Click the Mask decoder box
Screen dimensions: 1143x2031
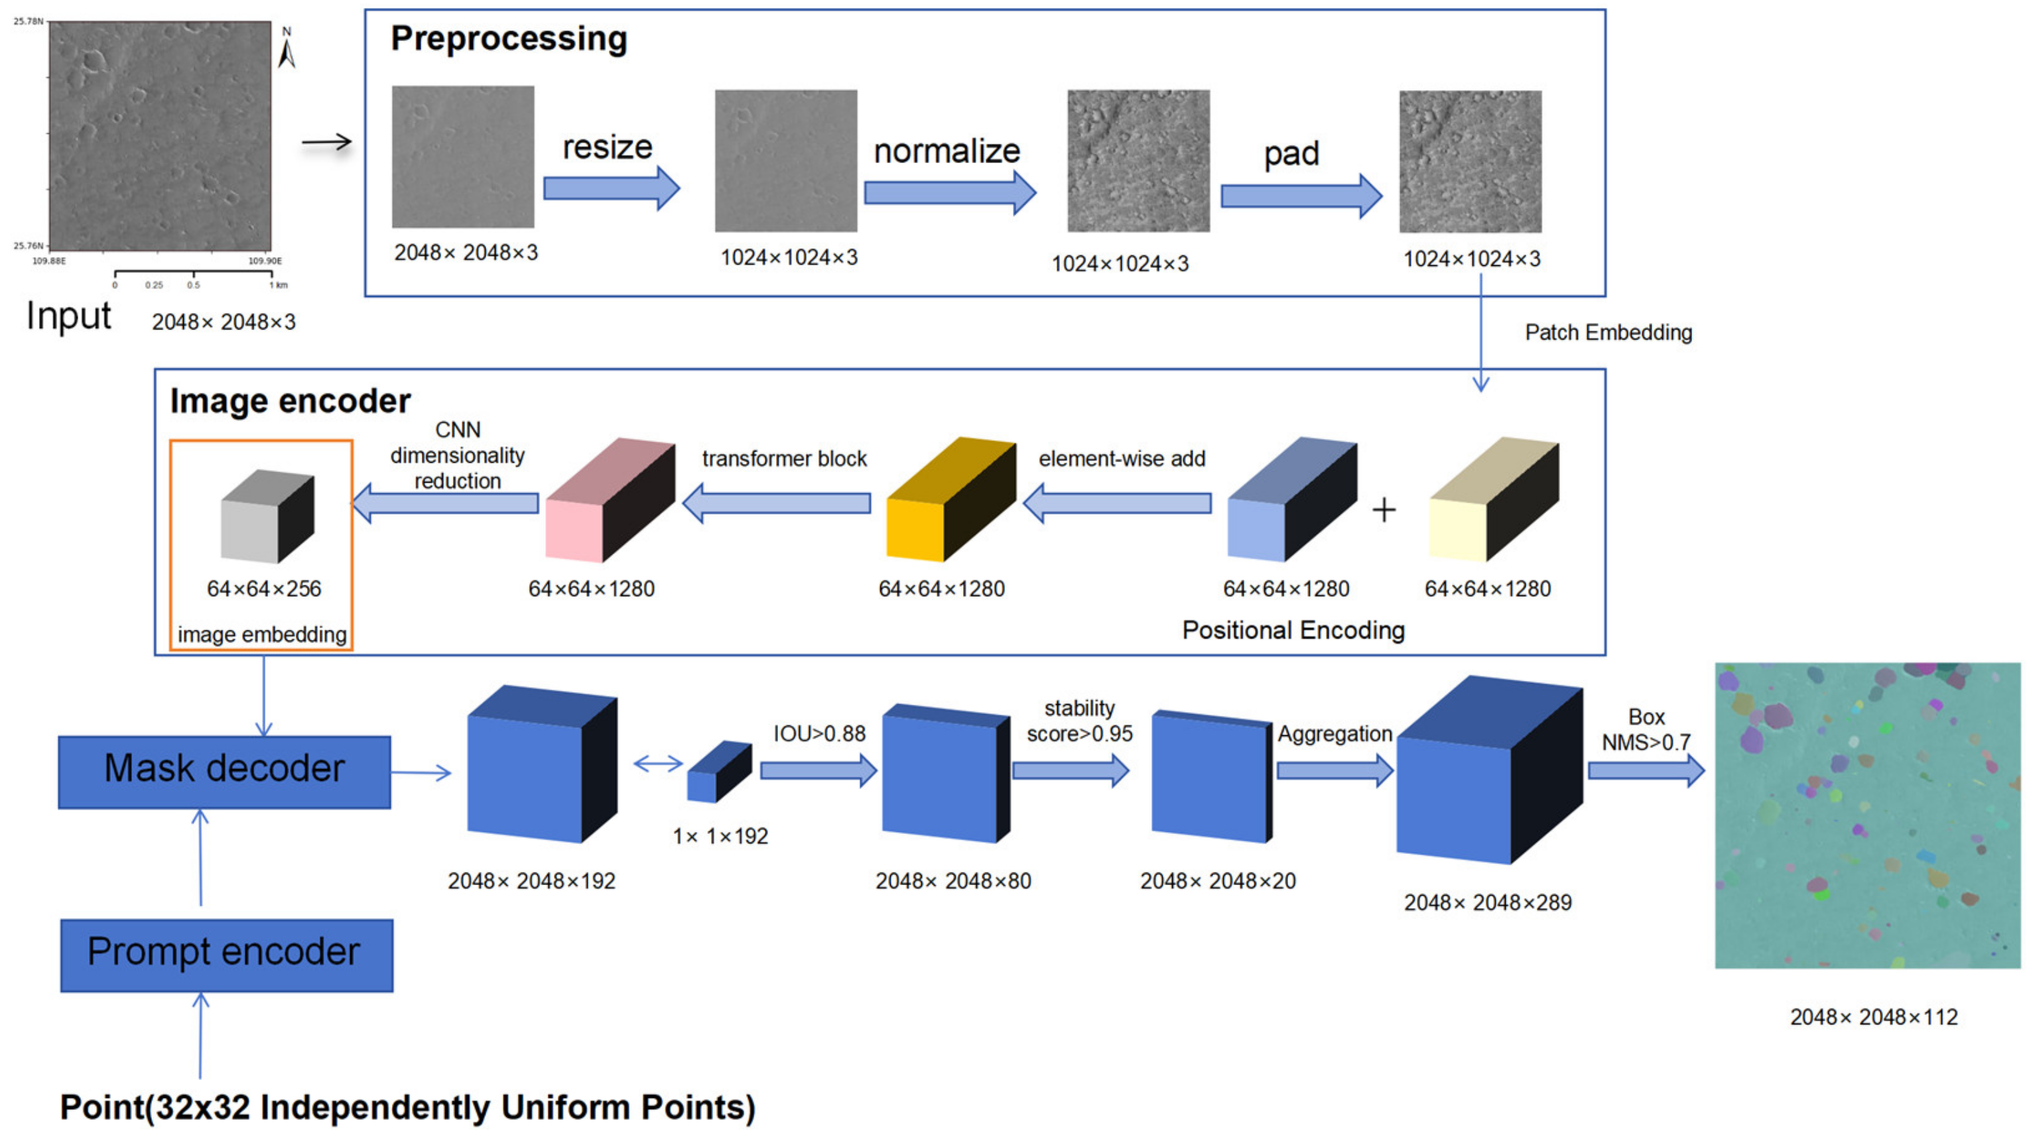point(224,772)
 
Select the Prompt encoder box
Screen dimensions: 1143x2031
point(226,955)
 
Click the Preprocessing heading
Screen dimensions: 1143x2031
point(509,38)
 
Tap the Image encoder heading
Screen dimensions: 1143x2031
point(289,401)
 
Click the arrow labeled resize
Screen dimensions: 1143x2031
point(610,188)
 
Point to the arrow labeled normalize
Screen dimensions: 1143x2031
point(949,192)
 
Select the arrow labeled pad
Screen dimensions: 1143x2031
point(1300,196)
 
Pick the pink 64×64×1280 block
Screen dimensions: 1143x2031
point(610,501)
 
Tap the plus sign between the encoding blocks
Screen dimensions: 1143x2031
point(1384,510)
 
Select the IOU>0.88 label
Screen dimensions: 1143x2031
point(819,734)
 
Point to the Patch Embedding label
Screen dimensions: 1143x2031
point(1608,333)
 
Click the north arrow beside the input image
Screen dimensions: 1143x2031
point(287,50)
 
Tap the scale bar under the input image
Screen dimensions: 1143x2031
point(194,274)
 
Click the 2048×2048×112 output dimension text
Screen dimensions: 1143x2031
point(1873,1017)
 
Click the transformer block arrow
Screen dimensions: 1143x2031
point(777,503)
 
